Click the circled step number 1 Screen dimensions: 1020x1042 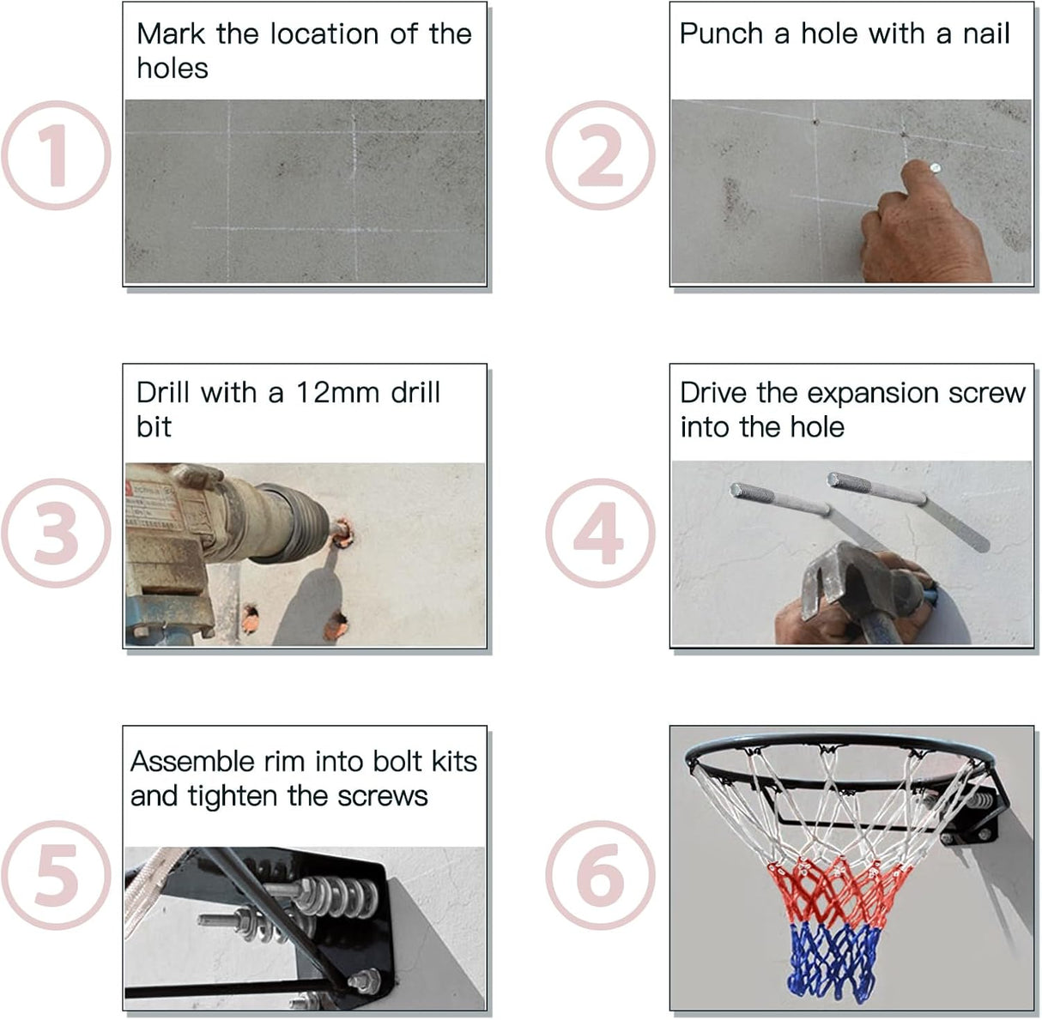pyautogui.click(x=57, y=155)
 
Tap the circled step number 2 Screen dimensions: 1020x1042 pyautogui.click(x=600, y=155)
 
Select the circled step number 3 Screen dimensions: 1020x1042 pyautogui.click(x=57, y=533)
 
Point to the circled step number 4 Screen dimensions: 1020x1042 pyautogui.click(x=600, y=533)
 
